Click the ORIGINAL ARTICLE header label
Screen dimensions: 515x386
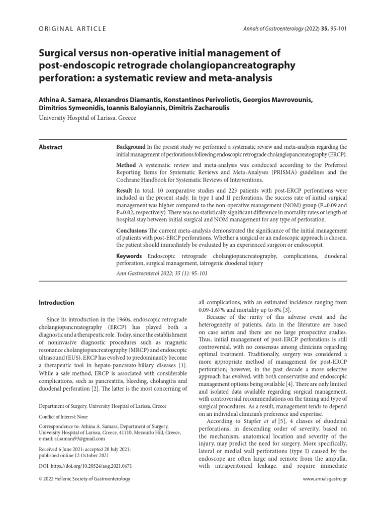[x=72, y=29]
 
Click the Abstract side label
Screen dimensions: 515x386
[x=51, y=147]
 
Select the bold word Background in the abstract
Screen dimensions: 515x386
[x=131, y=146]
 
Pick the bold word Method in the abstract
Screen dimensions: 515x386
[x=126, y=165]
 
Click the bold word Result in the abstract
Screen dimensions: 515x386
[x=125, y=192]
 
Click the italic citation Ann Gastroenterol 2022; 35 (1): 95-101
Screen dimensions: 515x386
[x=161, y=274]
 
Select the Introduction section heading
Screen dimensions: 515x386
[x=57, y=303]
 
